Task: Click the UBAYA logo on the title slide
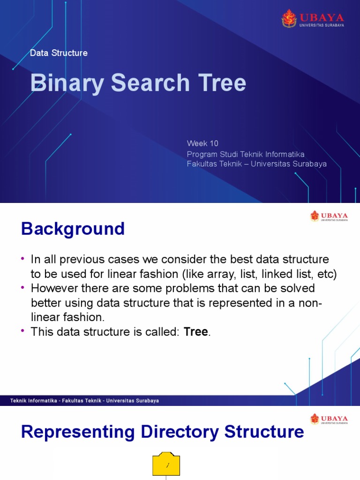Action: [x=313, y=18]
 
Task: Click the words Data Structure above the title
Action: [x=59, y=53]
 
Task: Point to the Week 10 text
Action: [x=202, y=143]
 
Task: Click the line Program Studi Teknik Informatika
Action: [x=246, y=154]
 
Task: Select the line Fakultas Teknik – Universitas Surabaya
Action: [x=256, y=164]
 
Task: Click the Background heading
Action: [x=73, y=229]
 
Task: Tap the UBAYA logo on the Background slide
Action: [x=329, y=216]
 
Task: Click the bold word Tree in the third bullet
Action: [x=196, y=332]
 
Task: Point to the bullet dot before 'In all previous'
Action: [x=22, y=259]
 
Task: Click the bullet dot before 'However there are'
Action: [x=22, y=287]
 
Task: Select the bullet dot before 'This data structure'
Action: [x=22, y=332]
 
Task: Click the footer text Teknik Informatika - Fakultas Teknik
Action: [x=84, y=401]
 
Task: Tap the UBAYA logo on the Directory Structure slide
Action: [x=329, y=419]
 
